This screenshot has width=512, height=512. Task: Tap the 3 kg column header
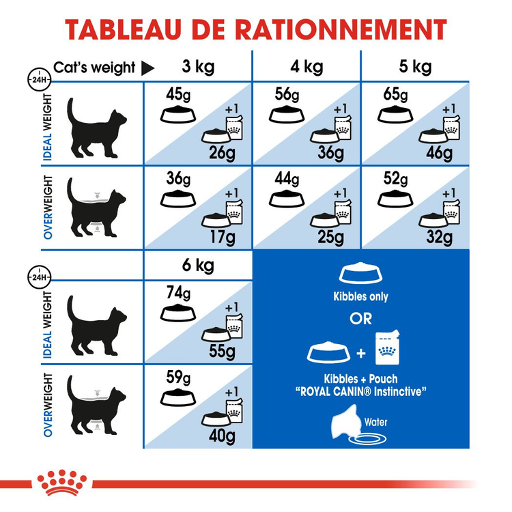tap(197, 67)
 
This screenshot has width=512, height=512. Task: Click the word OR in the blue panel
tap(361, 319)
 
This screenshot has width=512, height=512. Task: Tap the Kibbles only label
tap(361, 297)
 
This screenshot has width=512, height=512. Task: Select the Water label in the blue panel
tap(375, 422)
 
